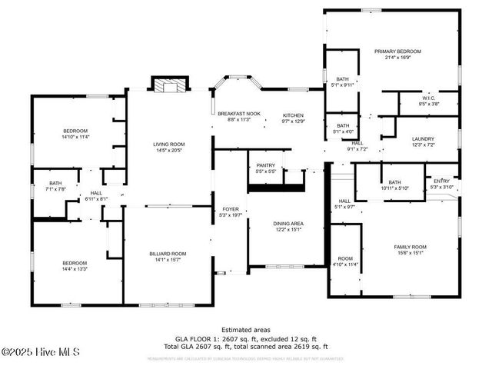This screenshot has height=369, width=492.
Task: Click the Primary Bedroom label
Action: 397,52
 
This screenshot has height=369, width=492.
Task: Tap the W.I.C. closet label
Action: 427,98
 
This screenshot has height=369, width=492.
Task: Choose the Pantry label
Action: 265,165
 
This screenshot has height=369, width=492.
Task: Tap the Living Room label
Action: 169,144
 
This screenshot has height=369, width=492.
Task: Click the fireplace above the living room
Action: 168,85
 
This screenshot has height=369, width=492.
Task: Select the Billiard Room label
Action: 168,254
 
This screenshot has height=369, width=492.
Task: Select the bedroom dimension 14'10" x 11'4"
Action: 75,138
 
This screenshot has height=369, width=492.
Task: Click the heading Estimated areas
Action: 245,330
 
